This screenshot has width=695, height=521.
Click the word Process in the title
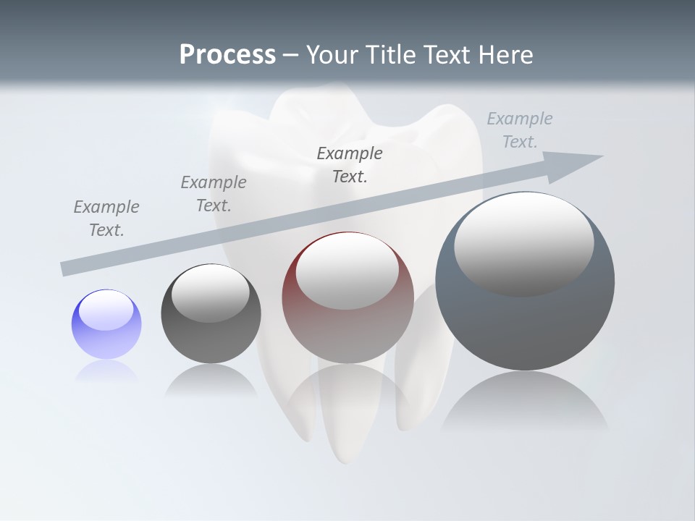[x=227, y=55]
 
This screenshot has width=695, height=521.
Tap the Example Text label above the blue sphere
[x=106, y=219]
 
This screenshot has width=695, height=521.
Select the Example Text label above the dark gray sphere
[x=214, y=194]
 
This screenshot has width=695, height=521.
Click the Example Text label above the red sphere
[x=350, y=164]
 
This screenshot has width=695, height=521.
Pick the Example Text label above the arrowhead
[x=519, y=130]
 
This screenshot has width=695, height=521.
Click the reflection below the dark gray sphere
[x=211, y=380]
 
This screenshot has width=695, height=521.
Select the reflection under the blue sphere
[x=106, y=370]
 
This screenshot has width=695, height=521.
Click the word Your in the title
[x=332, y=55]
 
